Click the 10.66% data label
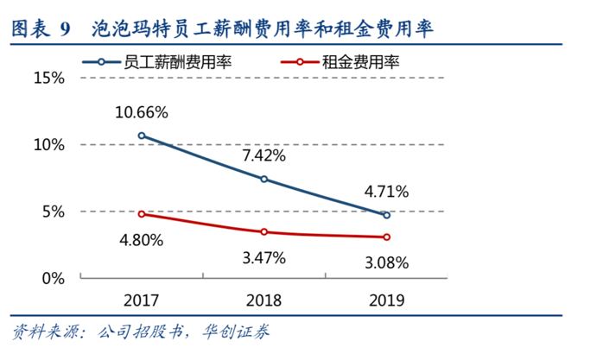pos(142,113)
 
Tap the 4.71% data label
pos(386,192)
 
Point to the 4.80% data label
pos(142,240)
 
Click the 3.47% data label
pos(264,257)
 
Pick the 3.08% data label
pos(386,262)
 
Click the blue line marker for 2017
pos(142,136)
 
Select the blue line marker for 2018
pos(264,179)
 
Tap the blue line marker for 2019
pos(386,215)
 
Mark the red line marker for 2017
pos(142,214)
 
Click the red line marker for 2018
pos(264,231)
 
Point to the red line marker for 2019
pos(386,237)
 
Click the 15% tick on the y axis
pos(49,78)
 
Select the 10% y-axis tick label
pos(49,144)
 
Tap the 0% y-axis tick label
pos(54,278)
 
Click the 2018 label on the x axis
pos(264,301)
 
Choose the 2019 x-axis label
pos(386,301)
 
